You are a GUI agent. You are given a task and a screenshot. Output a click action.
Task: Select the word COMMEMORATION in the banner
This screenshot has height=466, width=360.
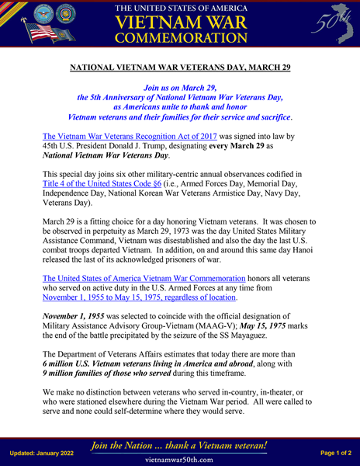click(x=179, y=37)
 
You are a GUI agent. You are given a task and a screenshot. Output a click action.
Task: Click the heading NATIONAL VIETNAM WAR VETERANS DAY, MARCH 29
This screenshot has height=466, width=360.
click(x=179, y=68)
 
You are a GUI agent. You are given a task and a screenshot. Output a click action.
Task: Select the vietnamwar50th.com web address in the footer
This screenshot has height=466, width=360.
click(x=179, y=460)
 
